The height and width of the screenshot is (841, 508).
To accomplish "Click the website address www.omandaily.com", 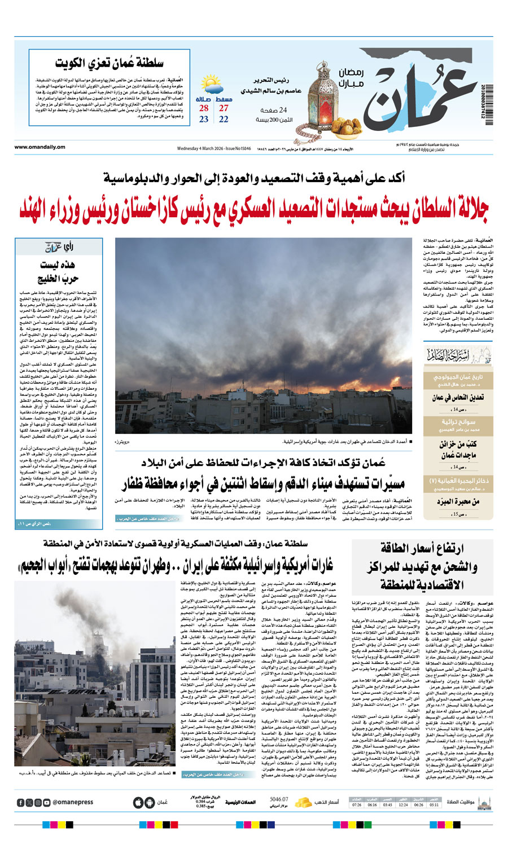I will [x=40, y=148].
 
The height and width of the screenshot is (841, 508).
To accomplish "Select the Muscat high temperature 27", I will [x=224, y=108].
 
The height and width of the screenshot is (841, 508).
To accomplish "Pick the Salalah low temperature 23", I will [x=204, y=120].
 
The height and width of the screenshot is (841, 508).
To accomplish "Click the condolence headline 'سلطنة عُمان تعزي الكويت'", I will [x=110, y=63].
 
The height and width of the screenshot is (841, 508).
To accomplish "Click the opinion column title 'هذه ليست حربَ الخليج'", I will [x=58, y=272].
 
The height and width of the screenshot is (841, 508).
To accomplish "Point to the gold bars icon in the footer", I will [x=303, y=802].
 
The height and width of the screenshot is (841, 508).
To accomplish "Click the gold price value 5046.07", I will [x=278, y=799].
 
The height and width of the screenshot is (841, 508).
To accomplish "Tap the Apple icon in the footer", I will [x=138, y=802].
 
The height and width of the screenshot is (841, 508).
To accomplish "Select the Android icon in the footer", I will [x=148, y=802].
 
